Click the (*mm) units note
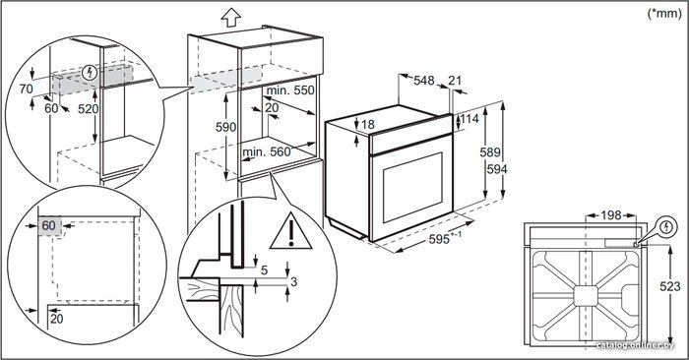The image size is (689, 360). pyautogui.click(x=664, y=14)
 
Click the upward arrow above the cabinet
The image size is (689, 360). pyautogui.click(x=231, y=18)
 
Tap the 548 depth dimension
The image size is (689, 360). pyautogui.click(x=424, y=81)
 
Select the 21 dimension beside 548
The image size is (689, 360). pyautogui.click(x=455, y=81)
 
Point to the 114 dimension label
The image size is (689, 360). pyautogui.click(x=470, y=119)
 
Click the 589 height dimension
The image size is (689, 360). pyautogui.click(x=490, y=151)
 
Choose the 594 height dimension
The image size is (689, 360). pyautogui.click(x=497, y=169)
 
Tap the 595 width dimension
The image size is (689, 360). pyautogui.click(x=439, y=239)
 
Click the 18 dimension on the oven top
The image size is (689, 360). pyautogui.click(x=368, y=125)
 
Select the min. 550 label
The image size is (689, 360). pyautogui.click(x=290, y=90)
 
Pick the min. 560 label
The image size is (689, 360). pyautogui.click(x=267, y=151)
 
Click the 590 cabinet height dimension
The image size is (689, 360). pyautogui.click(x=225, y=127)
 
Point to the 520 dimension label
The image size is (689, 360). pyautogui.click(x=89, y=109)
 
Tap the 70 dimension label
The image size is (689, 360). pyautogui.click(x=26, y=90)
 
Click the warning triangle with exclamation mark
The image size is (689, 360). pyautogui.click(x=291, y=231)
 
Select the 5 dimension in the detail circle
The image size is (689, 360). pyautogui.click(x=264, y=270)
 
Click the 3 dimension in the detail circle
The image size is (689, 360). pyautogui.click(x=294, y=281)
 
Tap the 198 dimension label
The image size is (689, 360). pyautogui.click(x=611, y=215)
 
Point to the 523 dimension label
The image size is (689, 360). pyautogui.click(x=670, y=286)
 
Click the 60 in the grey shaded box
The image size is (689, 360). pyautogui.click(x=49, y=225)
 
